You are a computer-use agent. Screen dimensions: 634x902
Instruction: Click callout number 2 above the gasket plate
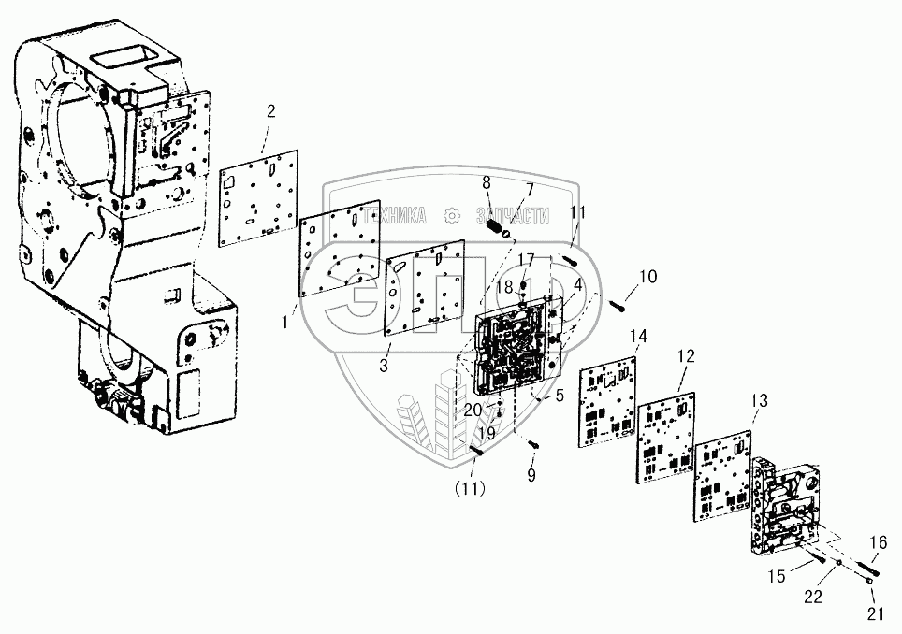click(x=270, y=112)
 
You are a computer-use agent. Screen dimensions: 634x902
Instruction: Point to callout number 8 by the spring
click(x=486, y=182)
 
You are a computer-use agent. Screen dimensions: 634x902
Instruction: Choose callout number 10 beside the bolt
click(x=647, y=277)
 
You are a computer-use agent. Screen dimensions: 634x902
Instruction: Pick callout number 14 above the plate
click(x=638, y=337)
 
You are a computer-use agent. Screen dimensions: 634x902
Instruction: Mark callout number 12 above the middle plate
click(x=688, y=356)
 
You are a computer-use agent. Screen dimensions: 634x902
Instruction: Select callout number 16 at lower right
click(x=878, y=542)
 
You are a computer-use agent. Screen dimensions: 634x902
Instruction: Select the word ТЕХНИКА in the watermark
click(x=394, y=216)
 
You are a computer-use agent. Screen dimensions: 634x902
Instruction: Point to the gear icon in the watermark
click(x=454, y=216)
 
